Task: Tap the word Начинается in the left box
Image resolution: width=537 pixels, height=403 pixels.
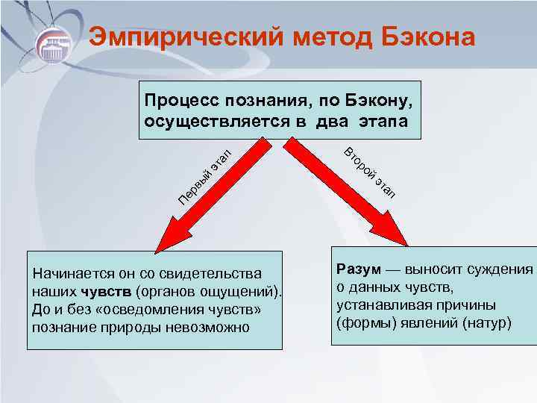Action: (67, 275)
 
